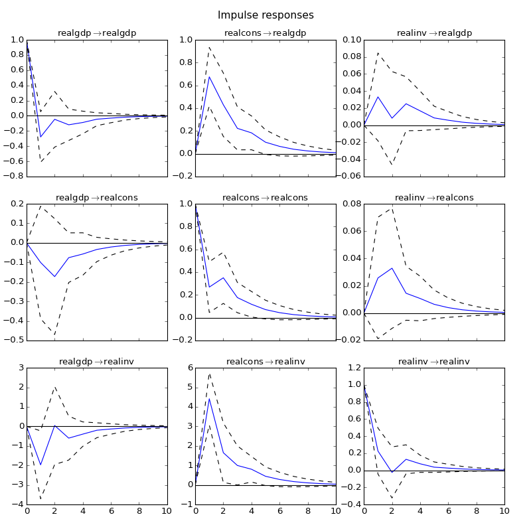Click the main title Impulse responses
[265, 15]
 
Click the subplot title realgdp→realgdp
[97, 33]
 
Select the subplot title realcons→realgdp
[265, 33]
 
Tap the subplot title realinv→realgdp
[434, 33]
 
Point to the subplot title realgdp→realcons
[97, 197]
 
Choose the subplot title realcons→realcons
[265, 197]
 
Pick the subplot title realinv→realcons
[434, 197]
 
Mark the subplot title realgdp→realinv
[97, 361]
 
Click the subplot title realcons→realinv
[265, 361]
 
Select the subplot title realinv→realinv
[434, 361]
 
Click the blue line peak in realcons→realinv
[209, 398]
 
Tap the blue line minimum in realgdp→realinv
[40, 465]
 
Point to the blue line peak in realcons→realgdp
[209, 77]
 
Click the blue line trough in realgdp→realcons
[54, 276]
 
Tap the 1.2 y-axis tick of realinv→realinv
[352, 368]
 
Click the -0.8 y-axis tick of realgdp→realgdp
[13, 177]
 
